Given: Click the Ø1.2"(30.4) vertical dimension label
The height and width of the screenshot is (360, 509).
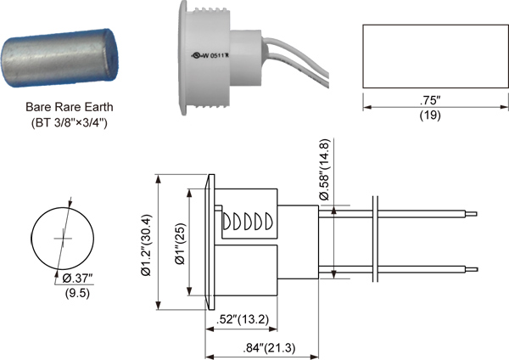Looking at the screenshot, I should [148, 245].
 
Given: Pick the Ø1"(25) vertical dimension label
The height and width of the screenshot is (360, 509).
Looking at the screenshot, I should [178, 245].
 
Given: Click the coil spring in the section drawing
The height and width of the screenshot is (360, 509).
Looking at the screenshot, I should [249, 222].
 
